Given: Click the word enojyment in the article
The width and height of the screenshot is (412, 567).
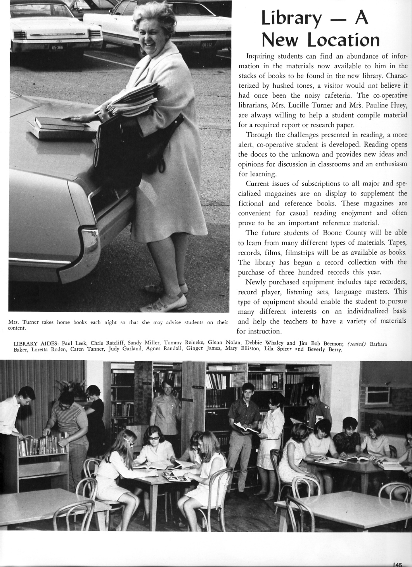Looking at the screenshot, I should (356, 213).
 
